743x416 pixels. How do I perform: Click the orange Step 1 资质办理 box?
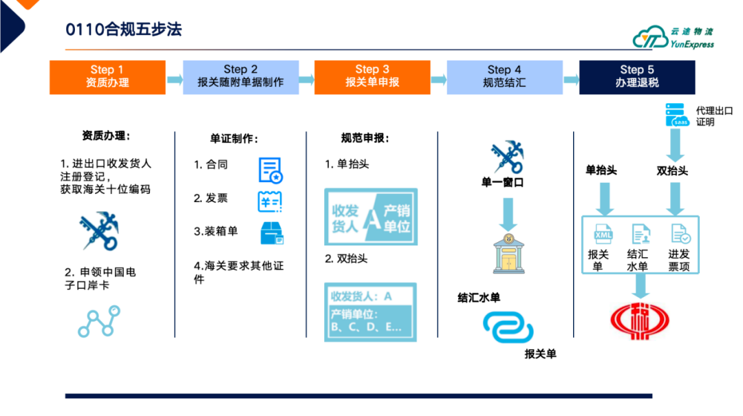107,77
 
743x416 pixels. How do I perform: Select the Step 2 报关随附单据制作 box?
240,77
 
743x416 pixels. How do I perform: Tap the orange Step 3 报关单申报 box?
372,77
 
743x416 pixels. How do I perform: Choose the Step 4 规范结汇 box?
504,77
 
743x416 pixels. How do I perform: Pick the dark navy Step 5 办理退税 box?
636,77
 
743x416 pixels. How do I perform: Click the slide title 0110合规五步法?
124,30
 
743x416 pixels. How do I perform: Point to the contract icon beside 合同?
270,170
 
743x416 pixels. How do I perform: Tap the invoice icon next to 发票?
270,201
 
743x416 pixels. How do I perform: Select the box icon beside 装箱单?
272,233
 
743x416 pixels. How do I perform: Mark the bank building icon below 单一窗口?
509,253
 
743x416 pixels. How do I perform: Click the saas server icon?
676,115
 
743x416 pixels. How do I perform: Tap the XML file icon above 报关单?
603,235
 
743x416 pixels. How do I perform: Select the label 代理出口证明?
713,116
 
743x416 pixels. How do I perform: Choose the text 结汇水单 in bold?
479,298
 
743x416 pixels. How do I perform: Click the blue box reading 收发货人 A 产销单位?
371,217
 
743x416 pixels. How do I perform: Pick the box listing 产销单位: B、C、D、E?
371,312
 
